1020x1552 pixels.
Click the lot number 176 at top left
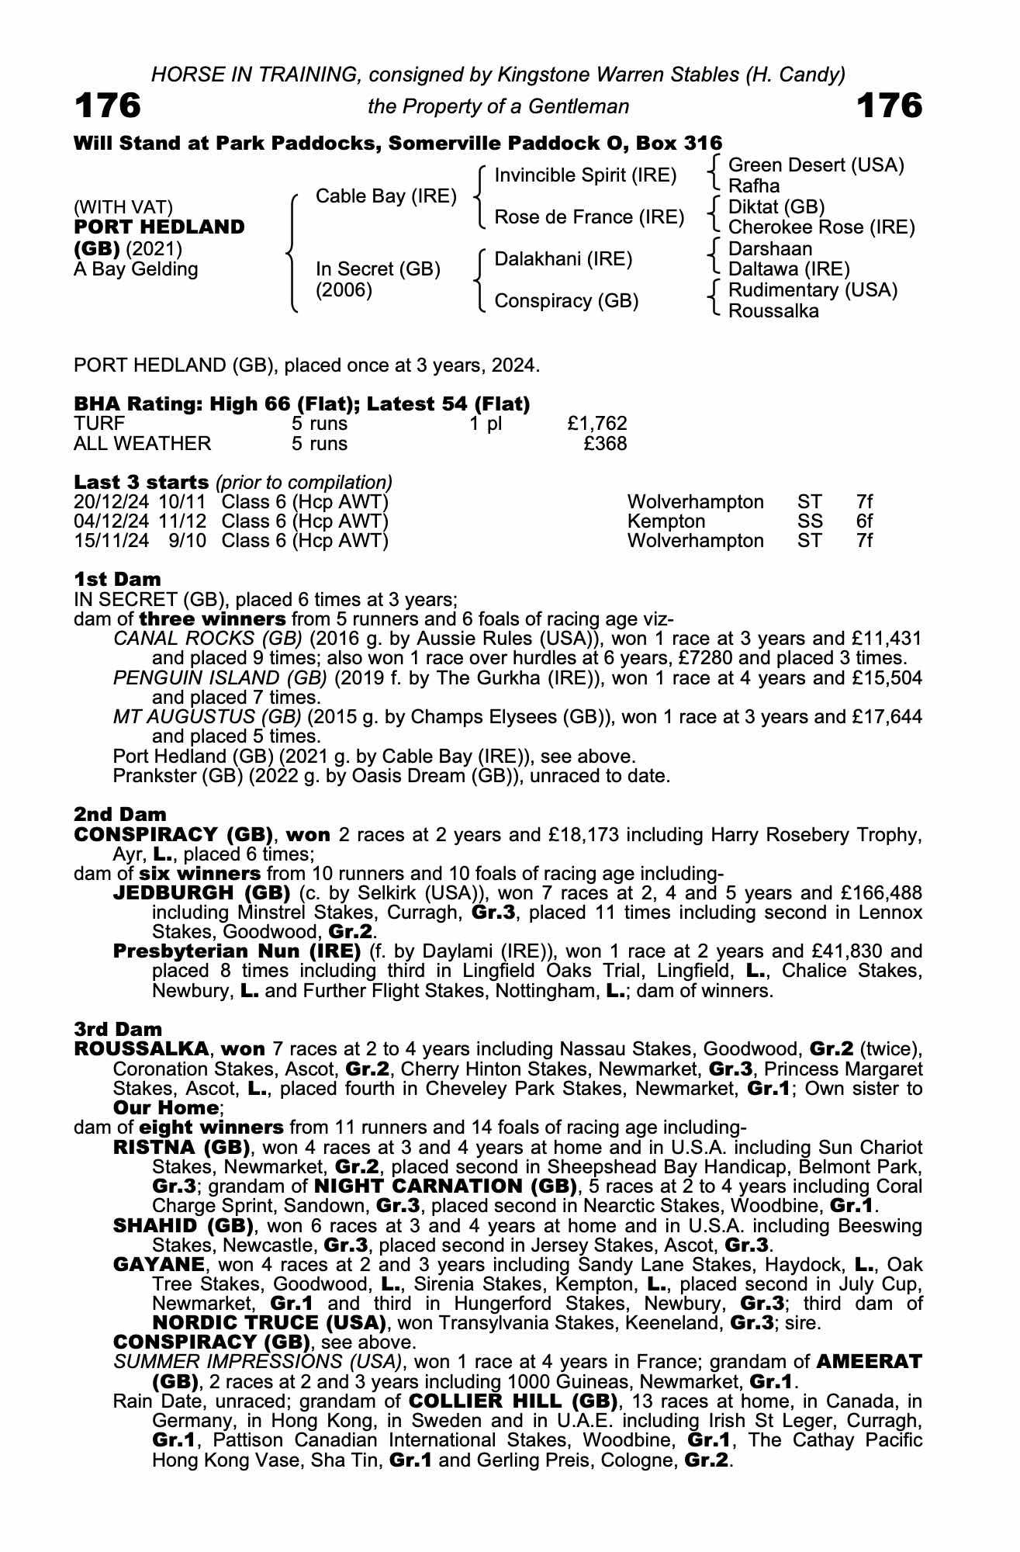tap(108, 106)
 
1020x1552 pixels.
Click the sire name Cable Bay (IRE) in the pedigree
tap(386, 196)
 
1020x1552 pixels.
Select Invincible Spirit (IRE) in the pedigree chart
tap(586, 175)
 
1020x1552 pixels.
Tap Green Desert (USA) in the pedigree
tap(816, 165)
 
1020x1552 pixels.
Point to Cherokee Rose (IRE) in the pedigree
tap(821, 227)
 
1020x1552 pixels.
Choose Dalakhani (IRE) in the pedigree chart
tap(564, 259)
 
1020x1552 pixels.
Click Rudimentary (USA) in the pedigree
tap(813, 290)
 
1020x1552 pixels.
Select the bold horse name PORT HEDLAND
tap(159, 227)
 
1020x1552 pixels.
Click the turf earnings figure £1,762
tap(596, 424)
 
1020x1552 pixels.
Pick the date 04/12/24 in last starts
tap(111, 521)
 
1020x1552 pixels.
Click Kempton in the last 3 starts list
tap(666, 521)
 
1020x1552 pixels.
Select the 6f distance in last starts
tap(864, 521)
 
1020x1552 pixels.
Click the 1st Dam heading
tap(117, 579)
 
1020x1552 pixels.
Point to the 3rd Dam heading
tap(118, 1029)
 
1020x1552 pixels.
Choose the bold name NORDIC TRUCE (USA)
tap(269, 1322)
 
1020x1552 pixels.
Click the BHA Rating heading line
tap(302, 404)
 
